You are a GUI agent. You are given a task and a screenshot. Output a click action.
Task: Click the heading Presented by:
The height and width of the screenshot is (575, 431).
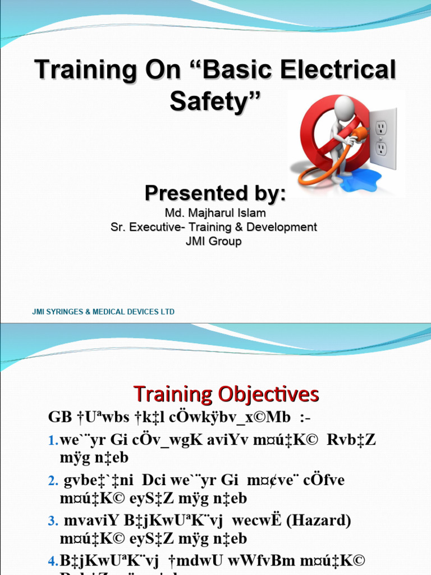215,193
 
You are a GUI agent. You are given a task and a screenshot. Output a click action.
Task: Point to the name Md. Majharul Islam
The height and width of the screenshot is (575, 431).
215,213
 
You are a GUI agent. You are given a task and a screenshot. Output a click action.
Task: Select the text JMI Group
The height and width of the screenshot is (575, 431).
215,241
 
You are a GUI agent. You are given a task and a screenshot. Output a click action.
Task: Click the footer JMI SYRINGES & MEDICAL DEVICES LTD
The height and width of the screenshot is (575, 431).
103,312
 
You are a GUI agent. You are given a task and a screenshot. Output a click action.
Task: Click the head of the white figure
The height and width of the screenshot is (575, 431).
344,106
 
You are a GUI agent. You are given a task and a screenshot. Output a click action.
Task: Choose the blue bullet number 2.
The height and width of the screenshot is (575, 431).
53,481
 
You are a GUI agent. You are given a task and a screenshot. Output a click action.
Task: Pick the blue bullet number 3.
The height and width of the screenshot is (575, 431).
53,521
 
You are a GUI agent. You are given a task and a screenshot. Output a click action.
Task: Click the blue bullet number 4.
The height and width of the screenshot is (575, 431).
53,560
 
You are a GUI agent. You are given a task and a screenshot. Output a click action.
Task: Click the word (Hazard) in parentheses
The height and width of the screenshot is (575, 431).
318,521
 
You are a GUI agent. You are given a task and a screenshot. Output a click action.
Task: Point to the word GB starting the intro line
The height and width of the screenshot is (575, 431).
59,417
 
